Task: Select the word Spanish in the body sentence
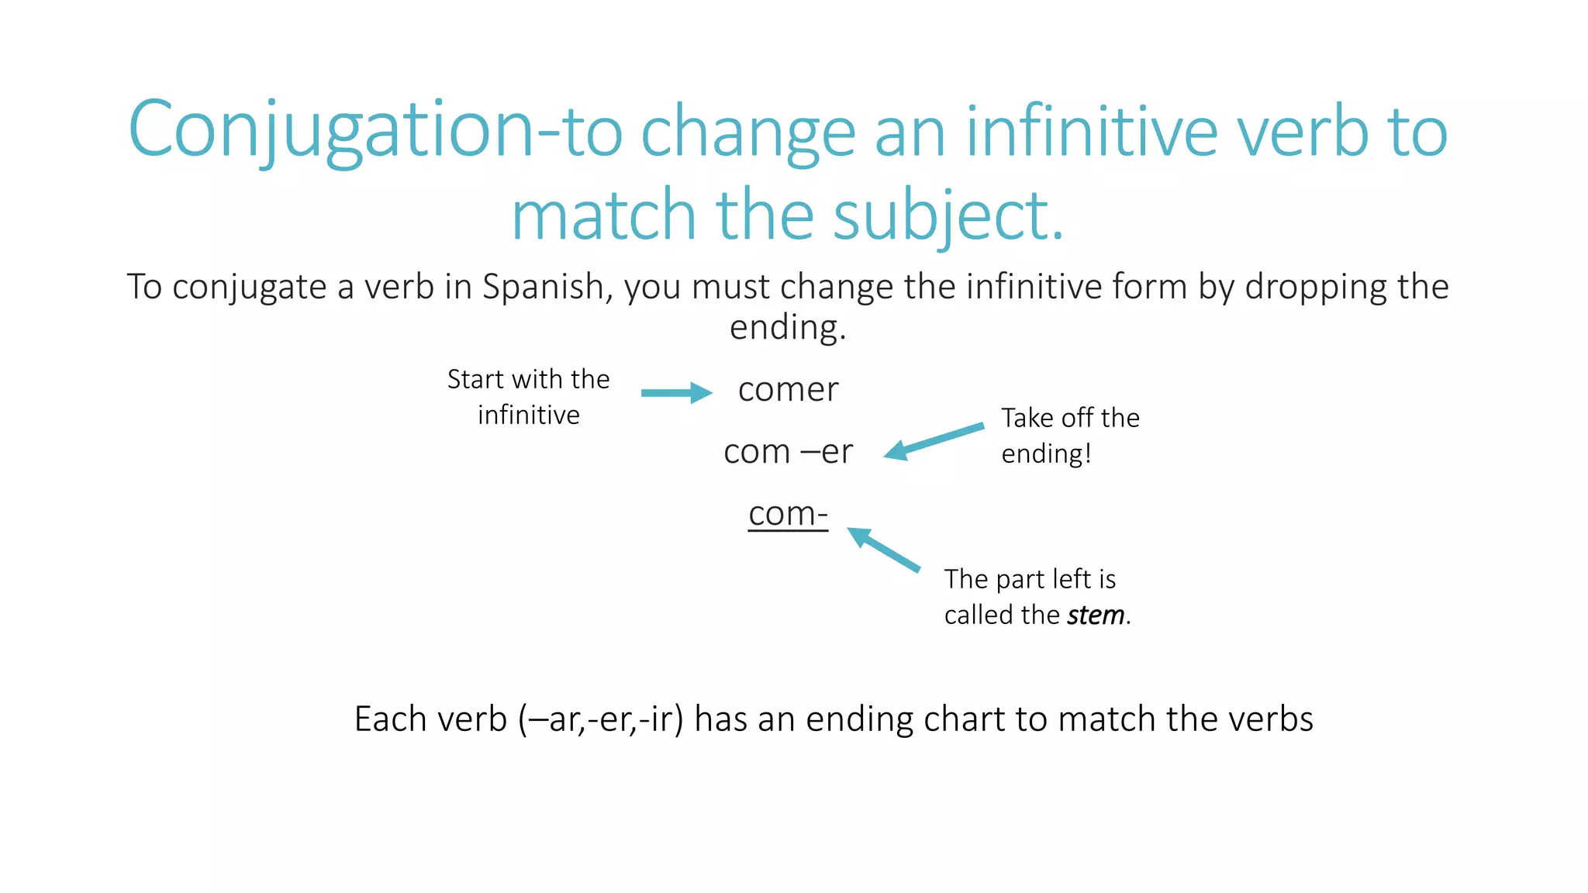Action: [543, 287]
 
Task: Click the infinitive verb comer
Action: [788, 390]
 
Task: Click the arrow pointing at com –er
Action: [934, 440]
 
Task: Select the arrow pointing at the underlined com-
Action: [883, 549]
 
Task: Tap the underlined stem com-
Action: [788, 514]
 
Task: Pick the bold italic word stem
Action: [1095, 615]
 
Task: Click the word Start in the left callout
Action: [475, 380]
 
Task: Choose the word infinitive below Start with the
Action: [529, 415]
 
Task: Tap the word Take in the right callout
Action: [1027, 419]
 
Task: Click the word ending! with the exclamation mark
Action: [1046, 454]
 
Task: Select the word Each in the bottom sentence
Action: [391, 719]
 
